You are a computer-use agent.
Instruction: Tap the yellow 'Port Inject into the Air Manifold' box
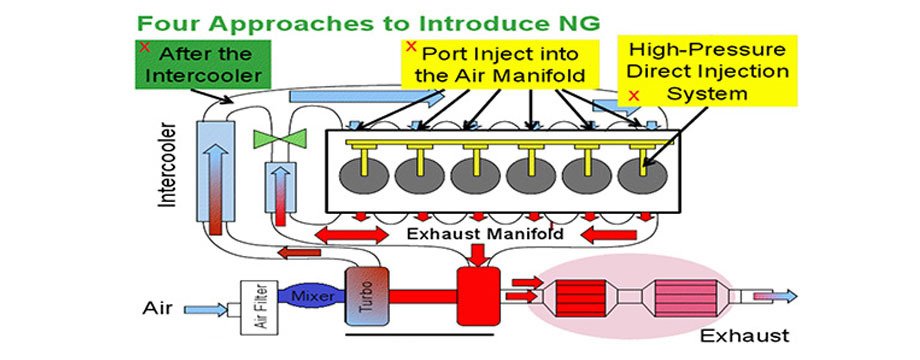(496, 64)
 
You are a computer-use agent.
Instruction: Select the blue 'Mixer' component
(312, 296)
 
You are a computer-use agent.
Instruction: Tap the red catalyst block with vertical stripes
(582, 298)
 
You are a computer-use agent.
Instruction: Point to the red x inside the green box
(145, 46)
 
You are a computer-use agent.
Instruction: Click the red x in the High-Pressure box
(633, 94)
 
